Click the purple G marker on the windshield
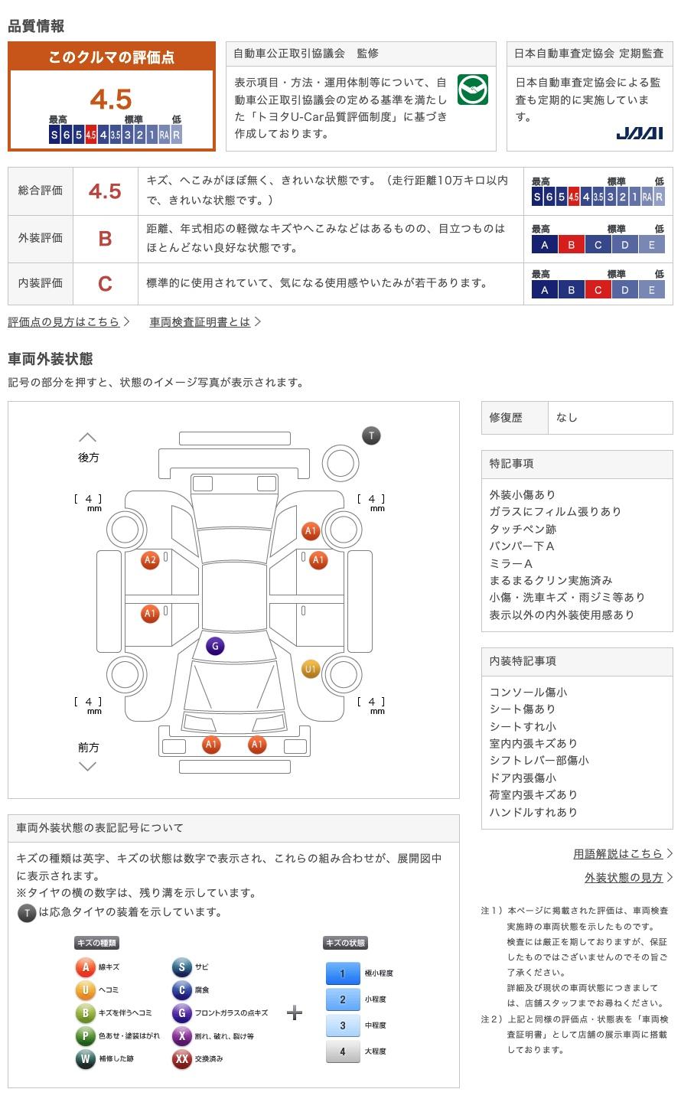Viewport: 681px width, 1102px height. click(x=215, y=646)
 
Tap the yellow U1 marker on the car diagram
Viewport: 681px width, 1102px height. click(x=310, y=669)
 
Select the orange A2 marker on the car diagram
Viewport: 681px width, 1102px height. click(x=150, y=560)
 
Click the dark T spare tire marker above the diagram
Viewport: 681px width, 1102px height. click(x=371, y=435)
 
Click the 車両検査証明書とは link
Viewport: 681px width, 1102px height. click(x=200, y=321)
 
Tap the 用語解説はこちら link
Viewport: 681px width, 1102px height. click(x=618, y=853)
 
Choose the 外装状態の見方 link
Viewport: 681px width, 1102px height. click(x=624, y=877)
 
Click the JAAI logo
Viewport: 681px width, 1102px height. click(x=639, y=133)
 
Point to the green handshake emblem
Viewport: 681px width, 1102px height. click(x=472, y=90)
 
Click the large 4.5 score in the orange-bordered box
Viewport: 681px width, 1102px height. click(x=111, y=99)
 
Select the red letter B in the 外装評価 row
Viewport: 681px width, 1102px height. click(x=105, y=238)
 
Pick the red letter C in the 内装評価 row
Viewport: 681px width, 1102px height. click(x=105, y=284)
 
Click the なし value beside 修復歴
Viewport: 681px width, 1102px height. click(x=567, y=418)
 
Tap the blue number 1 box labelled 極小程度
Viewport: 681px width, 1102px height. click(x=342, y=973)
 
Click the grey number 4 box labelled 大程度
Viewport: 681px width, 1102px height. click(x=342, y=1051)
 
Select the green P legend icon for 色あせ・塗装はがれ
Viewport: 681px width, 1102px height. click(x=85, y=1036)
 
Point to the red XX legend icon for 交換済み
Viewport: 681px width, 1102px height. click(x=181, y=1059)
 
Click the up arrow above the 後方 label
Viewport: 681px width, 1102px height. click(x=87, y=438)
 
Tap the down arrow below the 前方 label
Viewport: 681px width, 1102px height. click(x=87, y=766)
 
